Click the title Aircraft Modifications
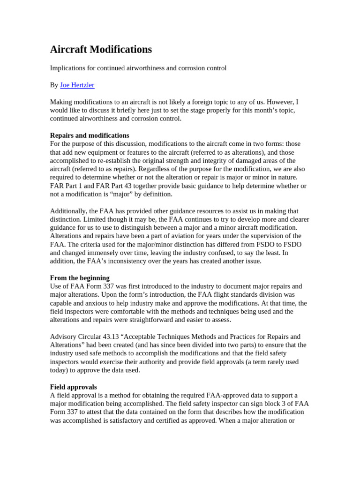pyautogui.click(x=101, y=49)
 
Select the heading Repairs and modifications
pyautogui.click(x=90, y=135)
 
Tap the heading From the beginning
pyautogui.click(x=80, y=278)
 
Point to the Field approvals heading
pyautogui.click(x=74, y=387)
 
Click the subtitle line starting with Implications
pyautogui.click(x=138, y=68)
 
